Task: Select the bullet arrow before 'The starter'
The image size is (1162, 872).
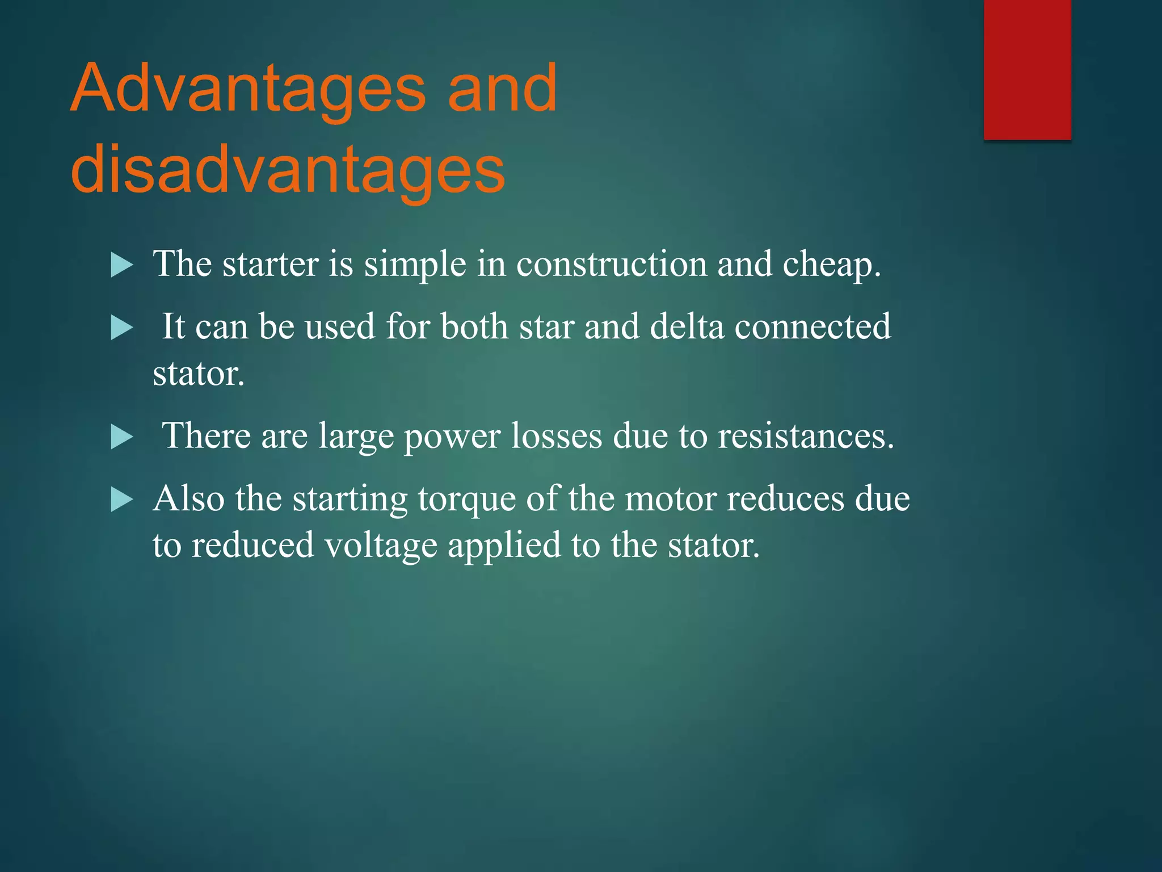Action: tap(121, 265)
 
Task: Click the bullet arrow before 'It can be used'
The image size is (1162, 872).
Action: tap(121, 328)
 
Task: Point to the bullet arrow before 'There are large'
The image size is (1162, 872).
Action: tap(121, 437)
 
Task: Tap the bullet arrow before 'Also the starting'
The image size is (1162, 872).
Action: tap(121, 500)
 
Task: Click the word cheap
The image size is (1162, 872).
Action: tap(831, 265)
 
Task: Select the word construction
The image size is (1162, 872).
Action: tap(612, 265)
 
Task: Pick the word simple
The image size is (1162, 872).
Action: tap(415, 265)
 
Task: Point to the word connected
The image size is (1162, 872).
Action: tap(812, 328)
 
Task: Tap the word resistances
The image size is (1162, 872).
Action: tap(806, 437)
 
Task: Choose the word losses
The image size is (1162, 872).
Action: tap(557, 437)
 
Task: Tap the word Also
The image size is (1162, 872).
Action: tap(188, 500)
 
